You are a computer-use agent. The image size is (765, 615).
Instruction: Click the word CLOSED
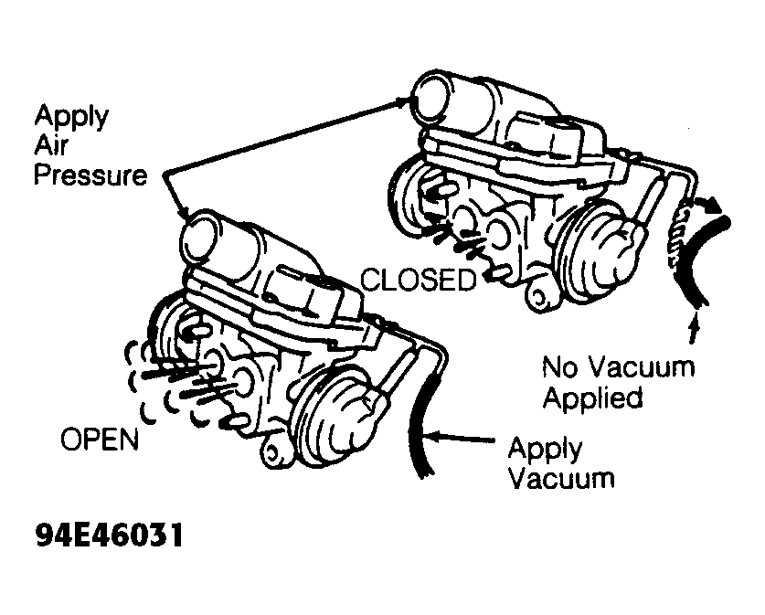[x=418, y=281]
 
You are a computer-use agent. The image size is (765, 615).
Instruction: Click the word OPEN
[x=100, y=440]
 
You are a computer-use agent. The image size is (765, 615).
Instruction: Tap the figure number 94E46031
[x=110, y=535]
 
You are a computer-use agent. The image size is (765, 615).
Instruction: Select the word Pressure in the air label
[x=90, y=175]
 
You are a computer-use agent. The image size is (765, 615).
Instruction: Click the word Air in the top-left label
[x=51, y=145]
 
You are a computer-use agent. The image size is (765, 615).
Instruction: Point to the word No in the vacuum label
[x=560, y=366]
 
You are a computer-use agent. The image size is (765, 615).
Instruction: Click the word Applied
[x=593, y=398]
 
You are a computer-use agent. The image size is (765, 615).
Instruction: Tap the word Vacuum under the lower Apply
[x=561, y=479]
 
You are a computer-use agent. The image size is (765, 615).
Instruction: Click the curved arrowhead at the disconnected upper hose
[x=711, y=204]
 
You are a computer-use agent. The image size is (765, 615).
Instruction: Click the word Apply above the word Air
[x=71, y=117]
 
